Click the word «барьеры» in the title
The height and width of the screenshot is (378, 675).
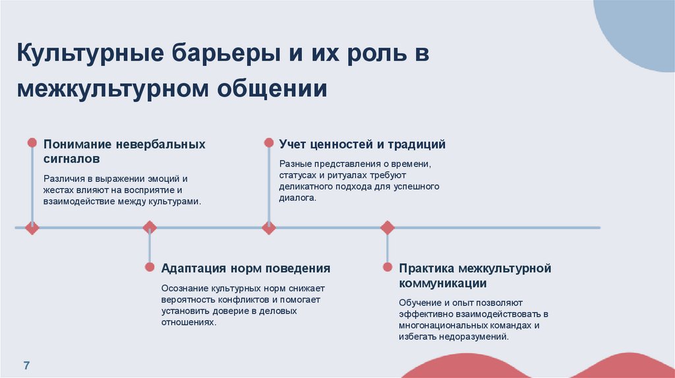[x=215, y=54]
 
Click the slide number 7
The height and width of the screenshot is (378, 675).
[x=26, y=365]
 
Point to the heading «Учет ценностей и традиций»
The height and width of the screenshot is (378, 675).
[x=362, y=144]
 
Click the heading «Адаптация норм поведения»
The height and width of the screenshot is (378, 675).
[x=246, y=268]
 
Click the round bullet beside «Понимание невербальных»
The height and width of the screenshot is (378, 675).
[x=32, y=142]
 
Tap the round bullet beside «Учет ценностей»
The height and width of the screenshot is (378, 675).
[x=268, y=142]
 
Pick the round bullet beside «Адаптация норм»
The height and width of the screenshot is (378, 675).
[x=150, y=267]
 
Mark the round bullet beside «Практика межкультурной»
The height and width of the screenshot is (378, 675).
[x=387, y=267]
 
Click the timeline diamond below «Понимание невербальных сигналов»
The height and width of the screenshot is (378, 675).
[x=32, y=228]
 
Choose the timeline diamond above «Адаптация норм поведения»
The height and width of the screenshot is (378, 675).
[x=150, y=228]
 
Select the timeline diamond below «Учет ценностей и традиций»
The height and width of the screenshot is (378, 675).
[x=268, y=228]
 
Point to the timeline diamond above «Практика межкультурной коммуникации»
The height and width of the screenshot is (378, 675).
[x=387, y=228]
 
